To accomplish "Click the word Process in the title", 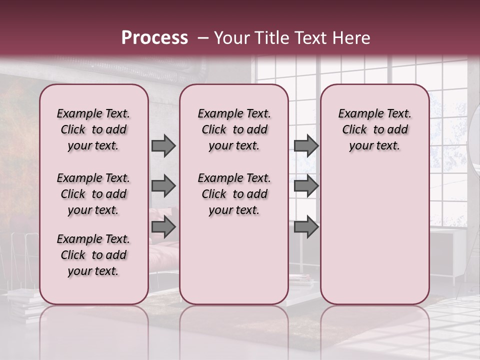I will tap(154, 38).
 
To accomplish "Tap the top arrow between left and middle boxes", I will tap(163, 146).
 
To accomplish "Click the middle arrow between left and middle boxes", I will tap(163, 186).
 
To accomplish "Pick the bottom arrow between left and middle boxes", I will tap(163, 227).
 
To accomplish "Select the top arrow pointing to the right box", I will tap(306, 146).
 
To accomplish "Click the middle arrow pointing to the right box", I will tap(306, 186).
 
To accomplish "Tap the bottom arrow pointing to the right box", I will tap(306, 227).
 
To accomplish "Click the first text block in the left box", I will tap(93, 129).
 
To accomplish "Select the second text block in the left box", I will tap(93, 194).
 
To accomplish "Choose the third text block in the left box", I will tap(93, 255).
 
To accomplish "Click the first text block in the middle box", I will tap(234, 129).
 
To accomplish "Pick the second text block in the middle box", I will tap(234, 194).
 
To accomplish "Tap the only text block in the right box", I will tap(375, 129).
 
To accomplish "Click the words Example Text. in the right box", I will tap(375, 113).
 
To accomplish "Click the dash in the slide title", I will tap(203, 38).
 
